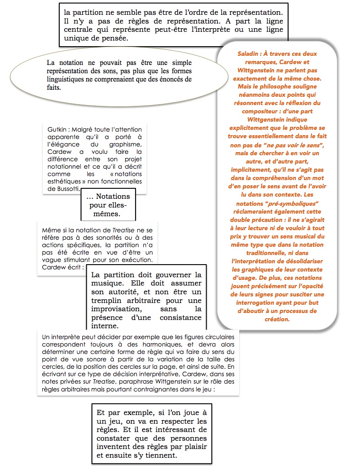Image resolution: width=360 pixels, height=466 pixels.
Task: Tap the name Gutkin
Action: click(x=58, y=129)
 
